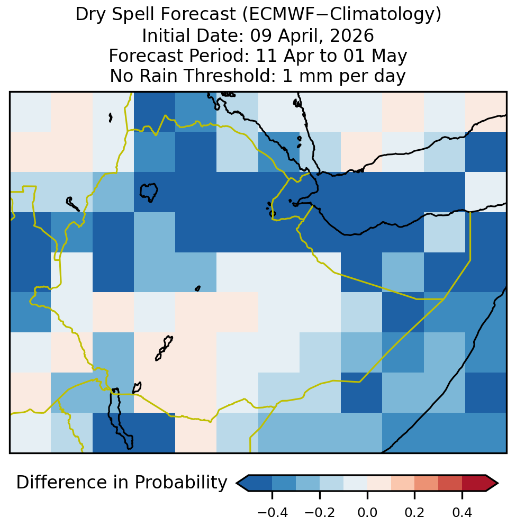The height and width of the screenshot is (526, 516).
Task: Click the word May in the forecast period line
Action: pyautogui.click(x=389, y=56)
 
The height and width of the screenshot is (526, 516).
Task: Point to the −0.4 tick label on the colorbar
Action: pyautogui.click(x=273, y=513)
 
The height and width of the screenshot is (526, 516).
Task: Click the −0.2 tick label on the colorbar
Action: pyautogui.click(x=320, y=513)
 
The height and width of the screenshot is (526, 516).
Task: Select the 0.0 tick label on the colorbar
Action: pyautogui.click(x=367, y=513)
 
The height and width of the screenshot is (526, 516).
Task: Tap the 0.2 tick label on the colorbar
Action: pyautogui.click(x=415, y=513)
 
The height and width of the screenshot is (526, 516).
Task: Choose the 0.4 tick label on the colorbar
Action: pyautogui.click(x=463, y=513)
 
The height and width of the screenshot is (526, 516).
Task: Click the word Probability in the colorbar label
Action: pyautogui.click(x=181, y=483)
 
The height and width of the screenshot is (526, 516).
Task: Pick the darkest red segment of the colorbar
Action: pyautogui.click(x=474, y=483)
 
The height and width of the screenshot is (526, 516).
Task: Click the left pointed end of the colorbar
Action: pyautogui.click(x=237, y=483)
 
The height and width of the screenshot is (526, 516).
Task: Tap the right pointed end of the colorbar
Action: pyautogui.click(x=498, y=483)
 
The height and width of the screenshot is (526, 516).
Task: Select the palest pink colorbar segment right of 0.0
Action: pyautogui.click(x=379, y=483)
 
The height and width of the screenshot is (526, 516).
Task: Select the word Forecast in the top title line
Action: pyautogui.click(x=198, y=14)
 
